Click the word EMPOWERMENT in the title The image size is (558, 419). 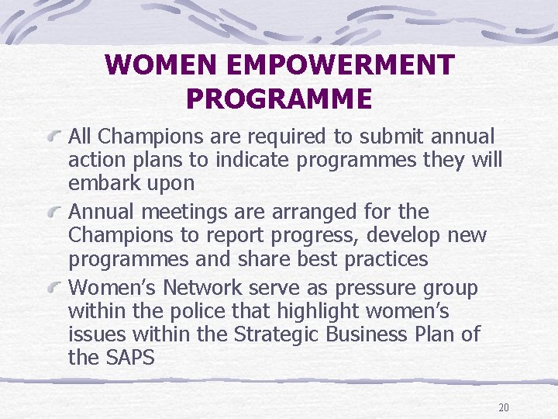[327, 65]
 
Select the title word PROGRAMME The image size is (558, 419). [279, 99]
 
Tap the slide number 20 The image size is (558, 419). [504, 408]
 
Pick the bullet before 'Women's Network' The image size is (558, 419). [55, 289]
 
